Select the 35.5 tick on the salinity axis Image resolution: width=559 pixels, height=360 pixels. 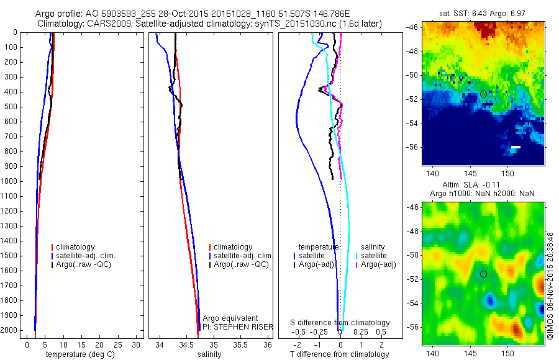click(240, 344)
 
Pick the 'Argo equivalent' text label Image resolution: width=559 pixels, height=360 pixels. click(230, 318)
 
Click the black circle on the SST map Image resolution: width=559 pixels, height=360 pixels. click(483, 94)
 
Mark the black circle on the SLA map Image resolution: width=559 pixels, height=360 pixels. click(483, 274)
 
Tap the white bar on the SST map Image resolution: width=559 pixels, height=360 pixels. click(516, 147)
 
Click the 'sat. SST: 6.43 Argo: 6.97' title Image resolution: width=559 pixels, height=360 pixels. click(483, 12)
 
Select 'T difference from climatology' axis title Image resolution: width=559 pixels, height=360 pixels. click(339, 354)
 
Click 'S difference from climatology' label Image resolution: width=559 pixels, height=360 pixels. click(340, 323)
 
